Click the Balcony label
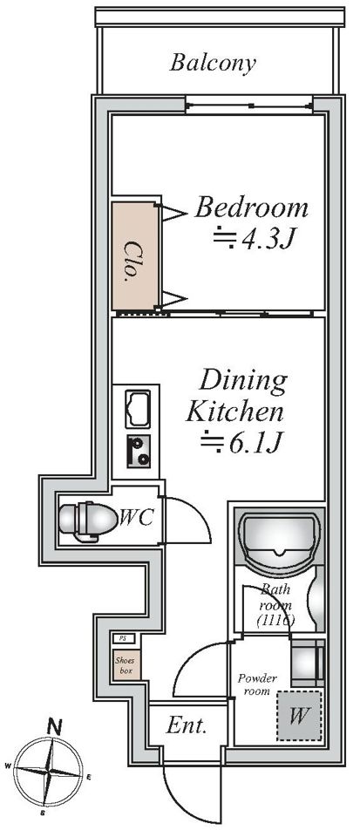(213, 64)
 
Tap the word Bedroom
(251, 208)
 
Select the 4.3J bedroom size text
(268, 240)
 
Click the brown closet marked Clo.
(135, 255)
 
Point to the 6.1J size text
(255, 442)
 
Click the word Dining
(242, 383)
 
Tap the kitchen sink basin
(138, 409)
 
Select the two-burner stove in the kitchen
(138, 451)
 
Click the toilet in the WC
(88, 520)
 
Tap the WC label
(137, 517)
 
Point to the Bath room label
(275, 605)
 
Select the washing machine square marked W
(299, 716)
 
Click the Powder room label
(257, 684)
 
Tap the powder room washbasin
(308, 662)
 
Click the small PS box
(123, 638)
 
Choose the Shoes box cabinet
(126, 665)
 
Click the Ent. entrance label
(187, 725)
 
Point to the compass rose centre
(48, 772)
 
